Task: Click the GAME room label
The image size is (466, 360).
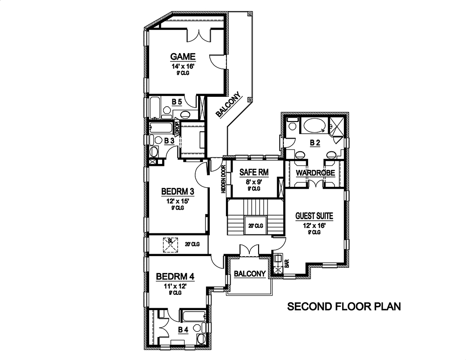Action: click(183, 57)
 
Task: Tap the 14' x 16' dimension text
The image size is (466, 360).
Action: click(183, 66)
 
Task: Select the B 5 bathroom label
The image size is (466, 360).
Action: click(177, 102)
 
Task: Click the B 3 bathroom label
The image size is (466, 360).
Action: click(169, 140)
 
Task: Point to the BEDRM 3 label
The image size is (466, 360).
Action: click(178, 191)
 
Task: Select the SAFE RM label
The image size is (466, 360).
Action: click(254, 172)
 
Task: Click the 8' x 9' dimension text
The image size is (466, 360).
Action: click(254, 181)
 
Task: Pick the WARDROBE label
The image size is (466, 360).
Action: click(315, 173)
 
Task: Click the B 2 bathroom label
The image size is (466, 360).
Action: click(315, 143)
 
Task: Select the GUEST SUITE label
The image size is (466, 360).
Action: click(314, 216)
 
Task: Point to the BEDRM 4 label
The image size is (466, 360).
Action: click(175, 277)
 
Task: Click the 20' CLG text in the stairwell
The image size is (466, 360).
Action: click(256, 225)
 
